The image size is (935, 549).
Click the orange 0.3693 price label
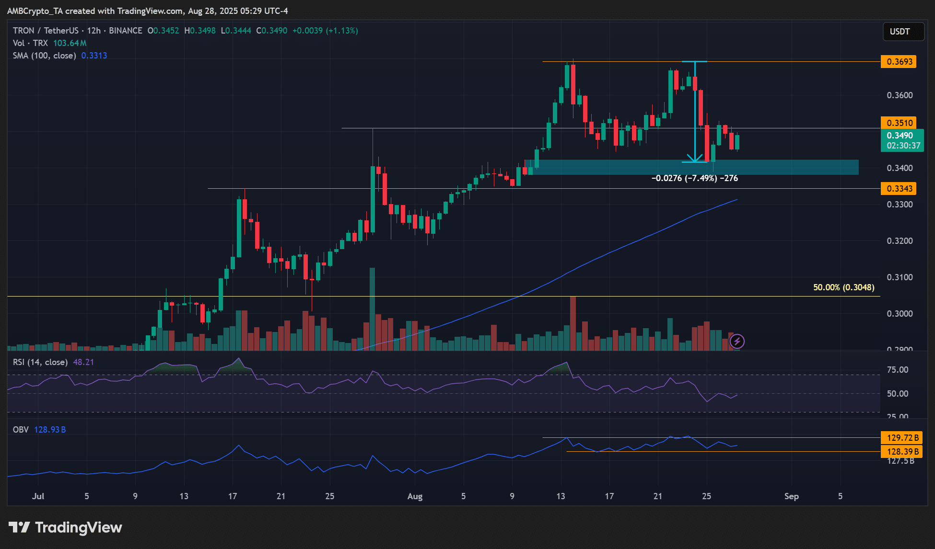click(x=899, y=62)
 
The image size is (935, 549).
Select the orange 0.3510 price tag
click(x=899, y=123)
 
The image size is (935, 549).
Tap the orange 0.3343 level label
click(x=899, y=189)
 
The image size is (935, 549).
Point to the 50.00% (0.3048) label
click(x=843, y=287)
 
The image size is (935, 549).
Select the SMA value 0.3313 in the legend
click(x=94, y=56)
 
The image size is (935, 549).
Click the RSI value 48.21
click(x=83, y=362)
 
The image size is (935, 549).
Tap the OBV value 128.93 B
click(x=50, y=430)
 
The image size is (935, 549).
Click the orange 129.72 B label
click(x=902, y=438)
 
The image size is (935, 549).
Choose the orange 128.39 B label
click(x=902, y=452)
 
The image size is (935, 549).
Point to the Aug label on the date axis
click(x=415, y=496)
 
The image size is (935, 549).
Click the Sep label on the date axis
click(x=791, y=496)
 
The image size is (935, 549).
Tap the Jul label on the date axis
click(x=38, y=496)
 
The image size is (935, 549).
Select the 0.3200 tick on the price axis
click(x=900, y=241)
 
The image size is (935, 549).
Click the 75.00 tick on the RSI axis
click(x=898, y=370)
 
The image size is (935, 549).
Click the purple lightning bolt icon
click(x=737, y=342)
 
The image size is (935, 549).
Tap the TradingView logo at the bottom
click(x=66, y=527)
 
